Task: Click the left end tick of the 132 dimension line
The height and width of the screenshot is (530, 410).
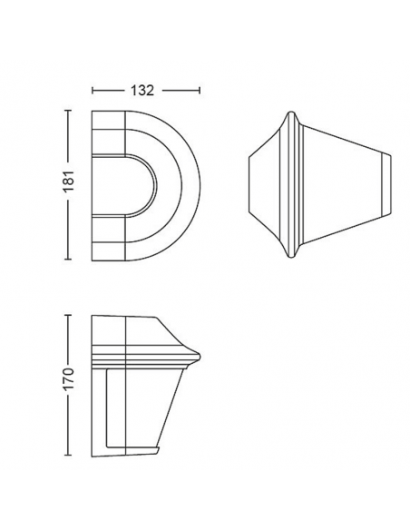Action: point(93,91)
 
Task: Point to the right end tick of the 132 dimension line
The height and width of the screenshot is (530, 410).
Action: point(200,91)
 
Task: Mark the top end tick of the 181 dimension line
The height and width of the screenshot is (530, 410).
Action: point(68,110)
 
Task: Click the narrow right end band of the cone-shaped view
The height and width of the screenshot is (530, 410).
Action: point(386,186)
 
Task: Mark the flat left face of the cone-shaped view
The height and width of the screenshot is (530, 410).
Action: point(249,186)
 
